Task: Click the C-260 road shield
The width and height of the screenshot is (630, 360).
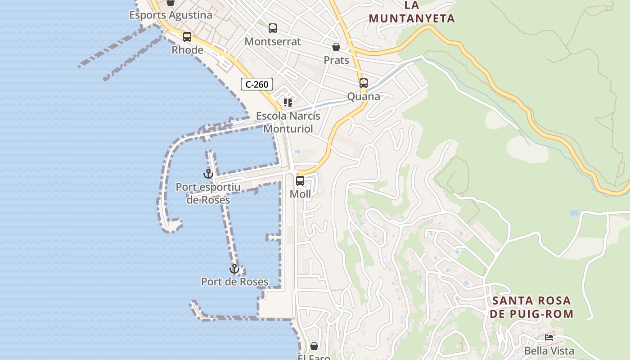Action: (x=257, y=84)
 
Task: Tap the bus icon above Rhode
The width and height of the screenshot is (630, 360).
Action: (x=187, y=37)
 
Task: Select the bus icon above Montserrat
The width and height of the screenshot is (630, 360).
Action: (x=273, y=28)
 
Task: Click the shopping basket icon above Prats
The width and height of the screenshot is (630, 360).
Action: (x=336, y=47)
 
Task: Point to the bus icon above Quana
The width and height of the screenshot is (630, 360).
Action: (x=364, y=83)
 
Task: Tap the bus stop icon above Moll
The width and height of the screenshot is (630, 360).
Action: (x=300, y=181)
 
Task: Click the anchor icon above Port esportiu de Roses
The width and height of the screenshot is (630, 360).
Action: (x=208, y=173)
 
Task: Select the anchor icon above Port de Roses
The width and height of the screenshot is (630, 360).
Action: (x=234, y=269)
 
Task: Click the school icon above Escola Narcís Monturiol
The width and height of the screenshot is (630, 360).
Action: (x=288, y=103)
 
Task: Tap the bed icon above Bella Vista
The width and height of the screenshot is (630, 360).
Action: (x=549, y=337)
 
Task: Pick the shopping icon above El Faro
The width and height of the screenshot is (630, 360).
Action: (x=314, y=346)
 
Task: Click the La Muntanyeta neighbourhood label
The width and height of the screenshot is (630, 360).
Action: (x=412, y=12)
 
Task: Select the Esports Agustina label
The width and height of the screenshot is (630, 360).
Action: (x=171, y=15)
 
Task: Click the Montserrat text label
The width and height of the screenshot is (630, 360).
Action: (x=273, y=41)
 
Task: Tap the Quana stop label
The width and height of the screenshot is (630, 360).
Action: (x=364, y=96)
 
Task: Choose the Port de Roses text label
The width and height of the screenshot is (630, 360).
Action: (x=234, y=282)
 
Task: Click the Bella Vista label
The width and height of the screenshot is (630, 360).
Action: (x=549, y=351)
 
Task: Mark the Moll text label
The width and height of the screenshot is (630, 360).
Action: (x=300, y=194)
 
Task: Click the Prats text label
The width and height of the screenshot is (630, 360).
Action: (x=336, y=60)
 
